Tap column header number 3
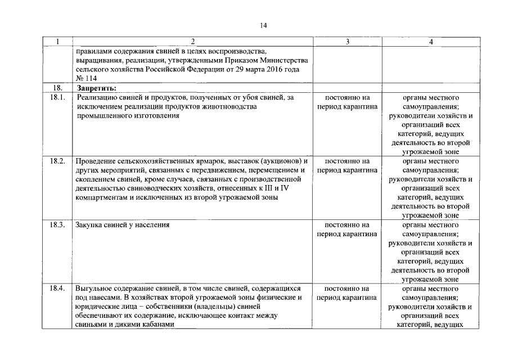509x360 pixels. tap(347, 42)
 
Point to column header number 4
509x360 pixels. tap(431, 42)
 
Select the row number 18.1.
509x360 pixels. tap(57, 97)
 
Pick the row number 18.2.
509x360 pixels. tap(57, 161)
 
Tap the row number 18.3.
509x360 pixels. tap(57, 224)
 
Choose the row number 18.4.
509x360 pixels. tap(57, 288)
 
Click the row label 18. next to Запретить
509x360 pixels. tap(57, 88)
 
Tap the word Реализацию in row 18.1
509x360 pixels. tap(97, 97)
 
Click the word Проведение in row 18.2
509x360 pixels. tap(94, 161)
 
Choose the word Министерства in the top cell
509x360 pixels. tap(285, 60)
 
